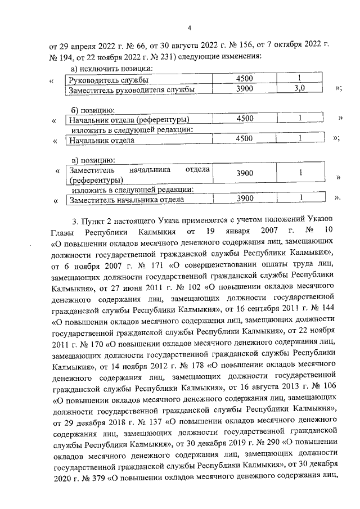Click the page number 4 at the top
point(190,28)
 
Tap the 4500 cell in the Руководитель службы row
point(245,79)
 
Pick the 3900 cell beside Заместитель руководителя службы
point(245,89)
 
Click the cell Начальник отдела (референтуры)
point(128,120)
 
